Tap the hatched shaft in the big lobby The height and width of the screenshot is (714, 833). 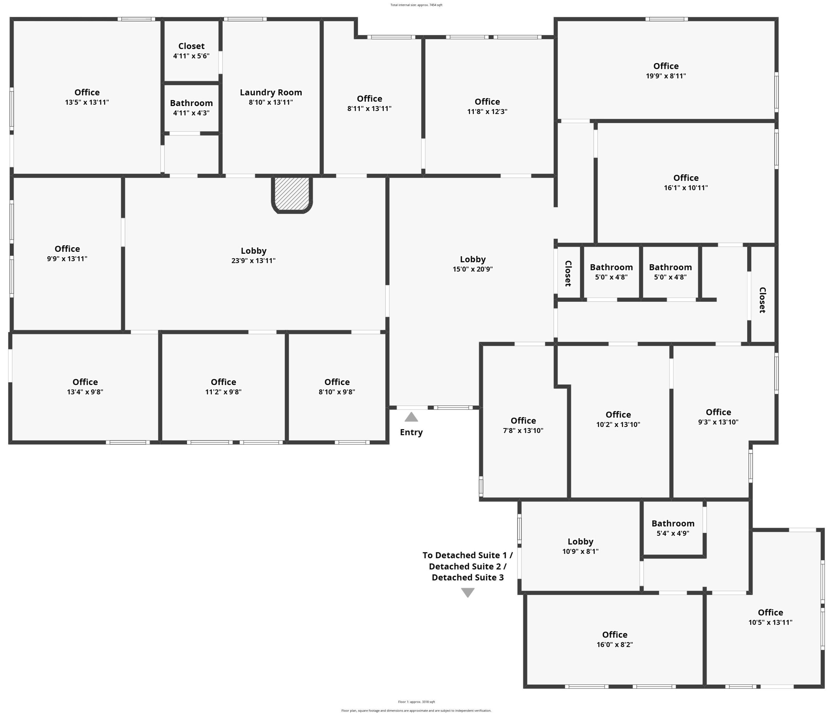click(292, 194)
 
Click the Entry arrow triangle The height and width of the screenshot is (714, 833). click(411, 417)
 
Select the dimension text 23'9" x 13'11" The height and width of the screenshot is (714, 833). click(253, 260)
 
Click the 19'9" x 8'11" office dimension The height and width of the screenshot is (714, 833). click(666, 76)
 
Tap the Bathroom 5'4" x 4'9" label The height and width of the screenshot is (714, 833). click(673, 528)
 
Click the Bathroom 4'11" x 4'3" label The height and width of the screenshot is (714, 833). click(191, 108)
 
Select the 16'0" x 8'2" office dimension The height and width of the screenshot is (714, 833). click(615, 644)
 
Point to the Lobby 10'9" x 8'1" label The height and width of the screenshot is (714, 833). click(580, 546)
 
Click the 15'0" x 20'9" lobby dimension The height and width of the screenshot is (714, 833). click(473, 269)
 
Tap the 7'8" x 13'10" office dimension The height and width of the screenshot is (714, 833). click(523, 431)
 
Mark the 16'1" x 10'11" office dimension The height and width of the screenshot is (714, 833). click(686, 188)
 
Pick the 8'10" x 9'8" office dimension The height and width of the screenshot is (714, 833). click(337, 392)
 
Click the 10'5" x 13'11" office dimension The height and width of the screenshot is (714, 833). click(770, 622)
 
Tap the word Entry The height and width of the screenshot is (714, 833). click(411, 432)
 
